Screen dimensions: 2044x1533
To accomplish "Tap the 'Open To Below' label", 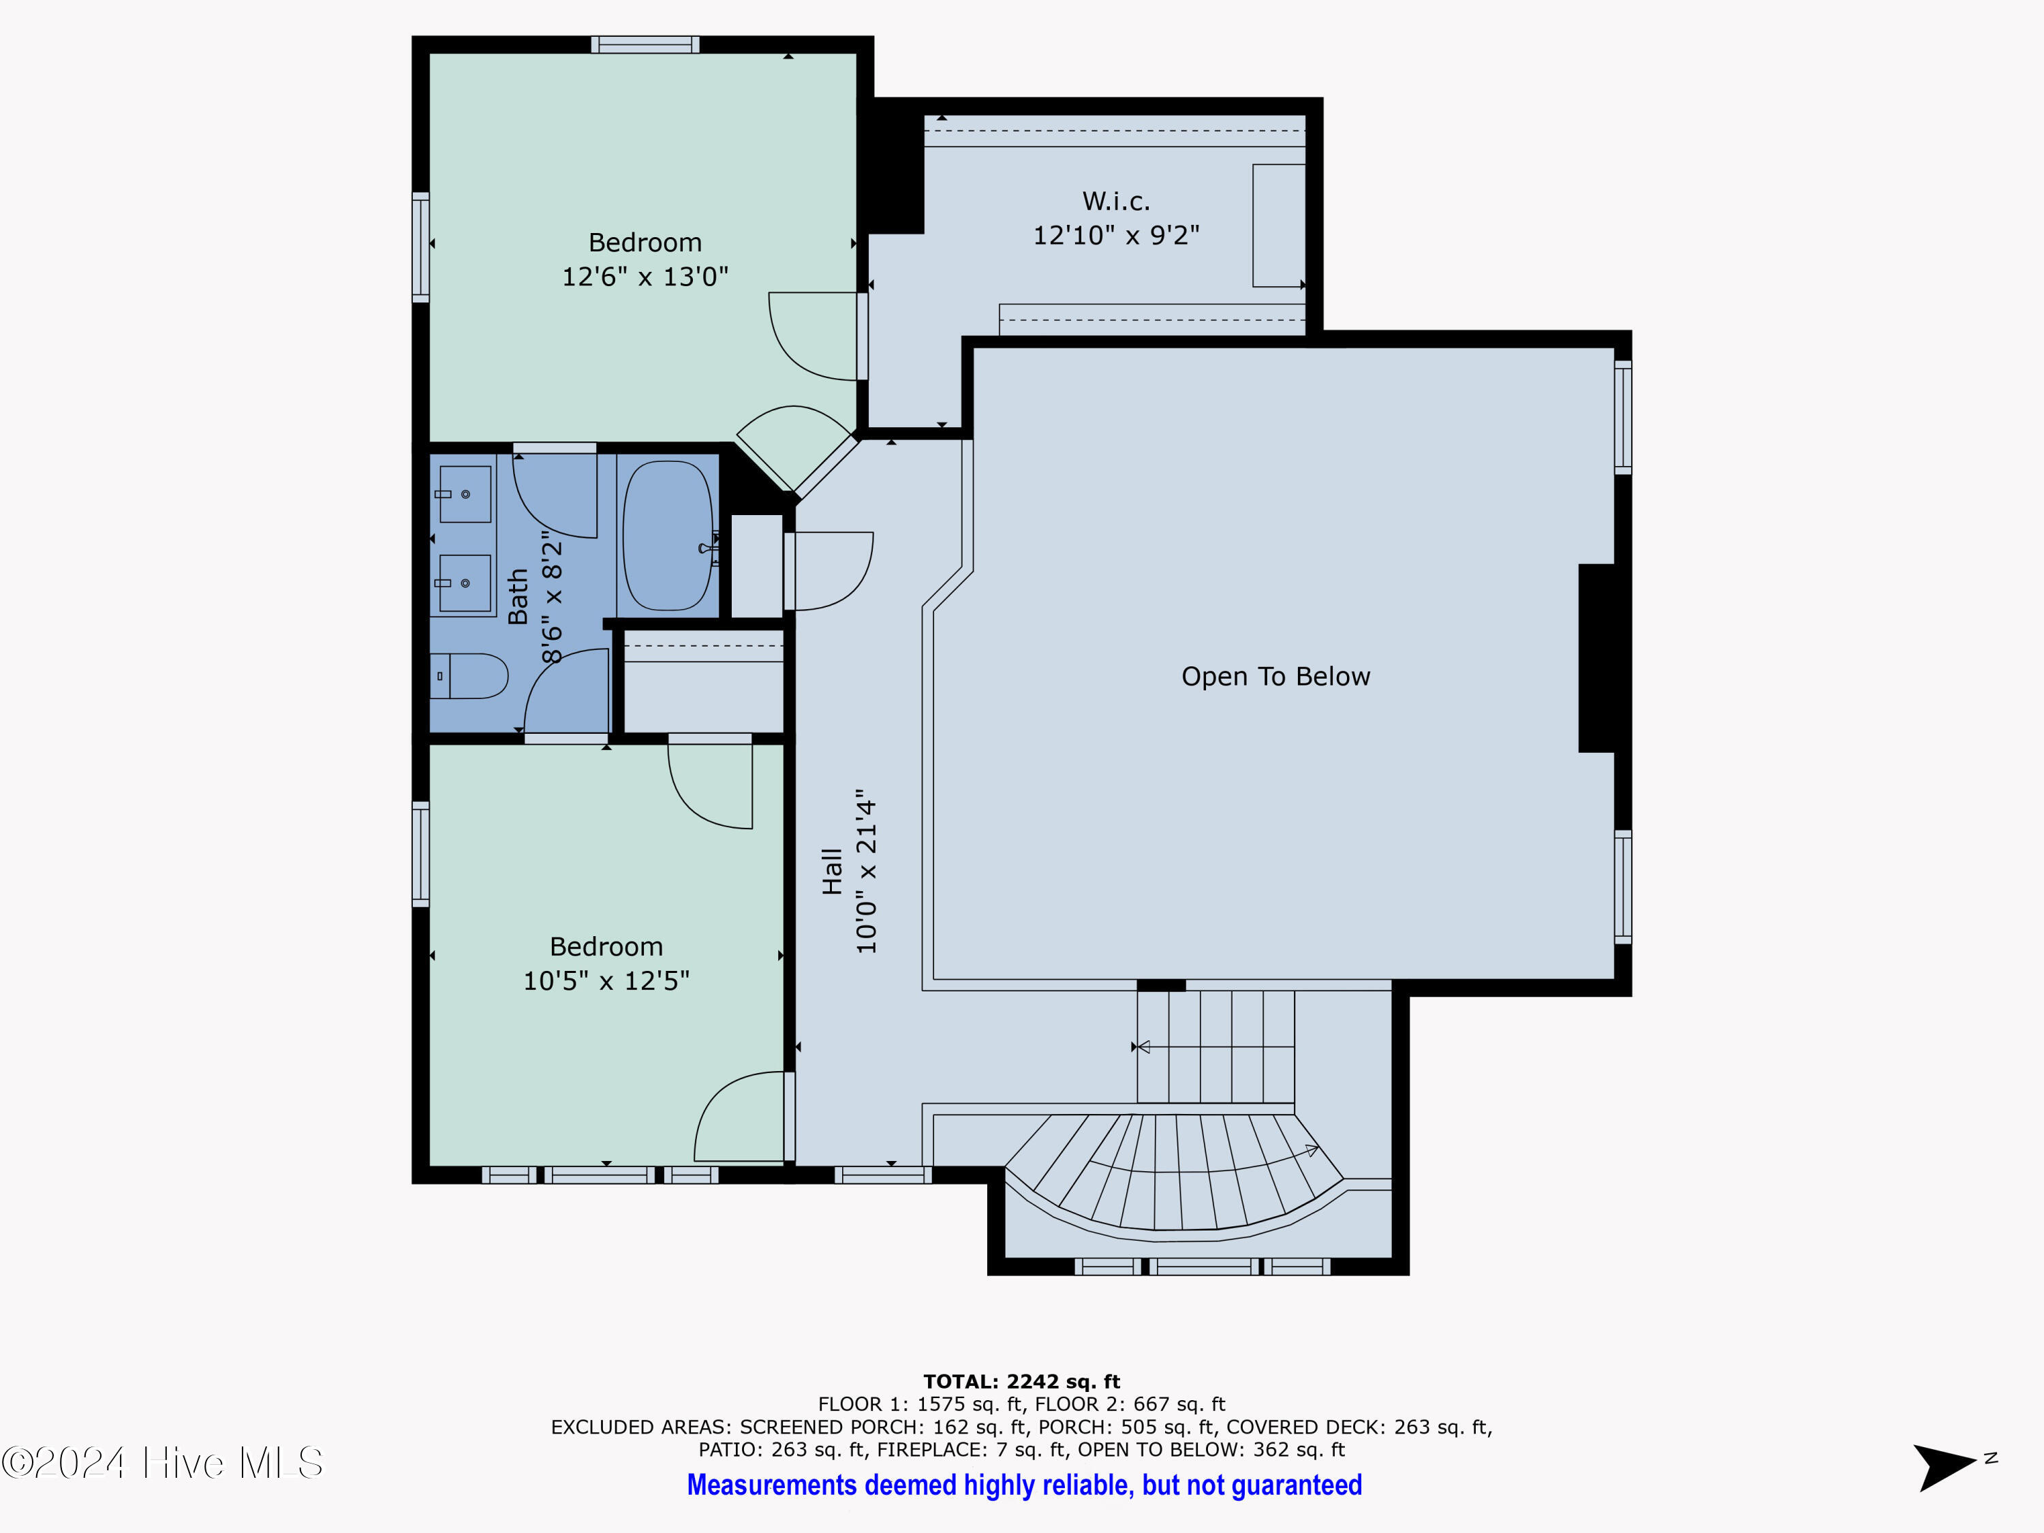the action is click(x=1275, y=677).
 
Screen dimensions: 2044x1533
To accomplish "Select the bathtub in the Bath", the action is click(x=668, y=536).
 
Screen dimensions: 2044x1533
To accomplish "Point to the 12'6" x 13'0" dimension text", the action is click(x=645, y=277).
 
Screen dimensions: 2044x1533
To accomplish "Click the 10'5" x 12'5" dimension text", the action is click(x=606, y=980).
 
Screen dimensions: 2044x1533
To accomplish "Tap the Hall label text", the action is click(x=833, y=871).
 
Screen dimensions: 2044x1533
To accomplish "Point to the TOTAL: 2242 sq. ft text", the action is click(x=1022, y=1382).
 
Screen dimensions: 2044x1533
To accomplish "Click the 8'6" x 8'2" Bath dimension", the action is click(x=551, y=597).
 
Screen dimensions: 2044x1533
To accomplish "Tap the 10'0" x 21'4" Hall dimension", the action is click(x=866, y=871).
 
